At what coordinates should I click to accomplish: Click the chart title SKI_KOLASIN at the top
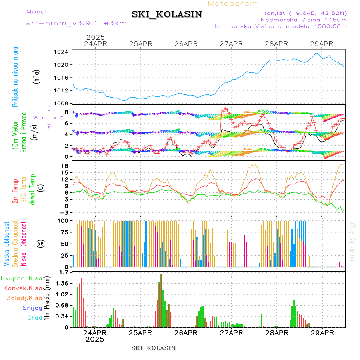(167, 14)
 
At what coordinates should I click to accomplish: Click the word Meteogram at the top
(233, 4)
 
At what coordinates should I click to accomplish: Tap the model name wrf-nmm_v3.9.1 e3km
(76, 23)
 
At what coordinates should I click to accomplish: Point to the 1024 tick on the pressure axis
(61, 52)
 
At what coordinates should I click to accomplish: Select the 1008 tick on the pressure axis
(61, 103)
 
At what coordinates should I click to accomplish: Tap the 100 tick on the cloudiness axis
(62, 220)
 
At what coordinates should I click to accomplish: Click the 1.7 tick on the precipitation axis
(63, 272)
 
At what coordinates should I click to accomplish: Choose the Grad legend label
(35, 318)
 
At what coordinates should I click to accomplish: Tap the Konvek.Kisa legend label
(23, 288)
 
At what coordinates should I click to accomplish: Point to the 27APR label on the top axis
(231, 44)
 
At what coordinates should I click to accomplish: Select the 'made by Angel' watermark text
(352, 240)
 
